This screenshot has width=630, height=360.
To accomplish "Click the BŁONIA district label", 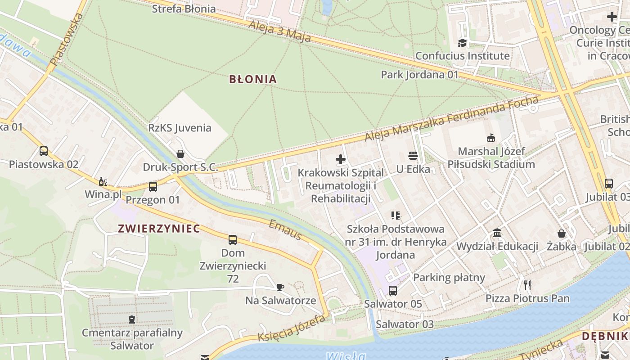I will tap(253, 79).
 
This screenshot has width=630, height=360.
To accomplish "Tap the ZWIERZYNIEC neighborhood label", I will tap(159, 229).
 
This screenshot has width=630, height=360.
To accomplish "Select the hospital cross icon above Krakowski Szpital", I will tap(341, 159).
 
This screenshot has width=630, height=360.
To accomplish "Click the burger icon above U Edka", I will tap(413, 156).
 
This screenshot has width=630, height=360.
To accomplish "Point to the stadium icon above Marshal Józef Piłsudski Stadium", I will tap(491, 138).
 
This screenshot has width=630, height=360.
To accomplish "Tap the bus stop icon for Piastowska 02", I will tap(44, 151).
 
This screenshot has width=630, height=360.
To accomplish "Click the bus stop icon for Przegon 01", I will tap(153, 186).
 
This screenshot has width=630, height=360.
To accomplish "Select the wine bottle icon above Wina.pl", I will tap(103, 181).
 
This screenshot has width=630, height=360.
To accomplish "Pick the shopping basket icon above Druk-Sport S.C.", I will tap(180, 154).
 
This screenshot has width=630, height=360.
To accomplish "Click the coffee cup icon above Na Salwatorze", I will tap(280, 287).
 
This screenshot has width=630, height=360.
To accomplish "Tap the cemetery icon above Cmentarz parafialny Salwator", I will tap(132, 319).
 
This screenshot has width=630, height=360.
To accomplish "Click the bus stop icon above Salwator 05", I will tap(393, 291).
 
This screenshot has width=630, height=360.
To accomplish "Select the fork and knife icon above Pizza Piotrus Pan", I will tap(527, 285).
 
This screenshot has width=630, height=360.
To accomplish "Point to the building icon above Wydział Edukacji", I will tap(497, 233).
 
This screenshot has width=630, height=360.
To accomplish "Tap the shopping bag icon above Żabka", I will tap(562, 233).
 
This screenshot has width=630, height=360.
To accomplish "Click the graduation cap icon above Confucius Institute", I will tap(462, 43).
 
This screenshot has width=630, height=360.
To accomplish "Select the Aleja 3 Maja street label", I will tap(279, 31).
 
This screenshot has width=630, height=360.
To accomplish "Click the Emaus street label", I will tap(285, 230).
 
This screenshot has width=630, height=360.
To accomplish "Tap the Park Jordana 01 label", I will tap(419, 74).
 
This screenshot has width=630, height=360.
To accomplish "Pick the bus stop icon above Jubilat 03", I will tap(609, 183).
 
